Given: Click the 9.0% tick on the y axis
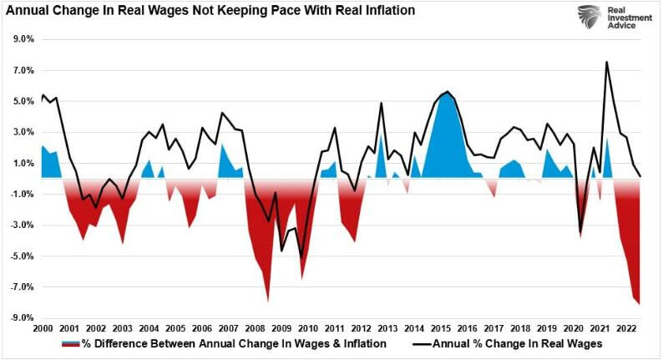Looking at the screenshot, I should pyautogui.click(x=22, y=39).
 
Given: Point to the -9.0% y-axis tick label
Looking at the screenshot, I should pyautogui.click(x=21, y=317).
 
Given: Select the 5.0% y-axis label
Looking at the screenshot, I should pyautogui.click(x=22, y=101).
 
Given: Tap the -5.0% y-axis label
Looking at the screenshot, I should pyautogui.click(x=21, y=256).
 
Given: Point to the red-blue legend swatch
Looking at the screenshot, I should pyautogui.click(x=70, y=343).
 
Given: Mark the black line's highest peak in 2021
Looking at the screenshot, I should pyautogui.click(x=606, y=62).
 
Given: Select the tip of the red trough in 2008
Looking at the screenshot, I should pyautogui.click(x=268, y=300).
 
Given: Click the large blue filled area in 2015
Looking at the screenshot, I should pyautogui.click(x=446, y=134).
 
